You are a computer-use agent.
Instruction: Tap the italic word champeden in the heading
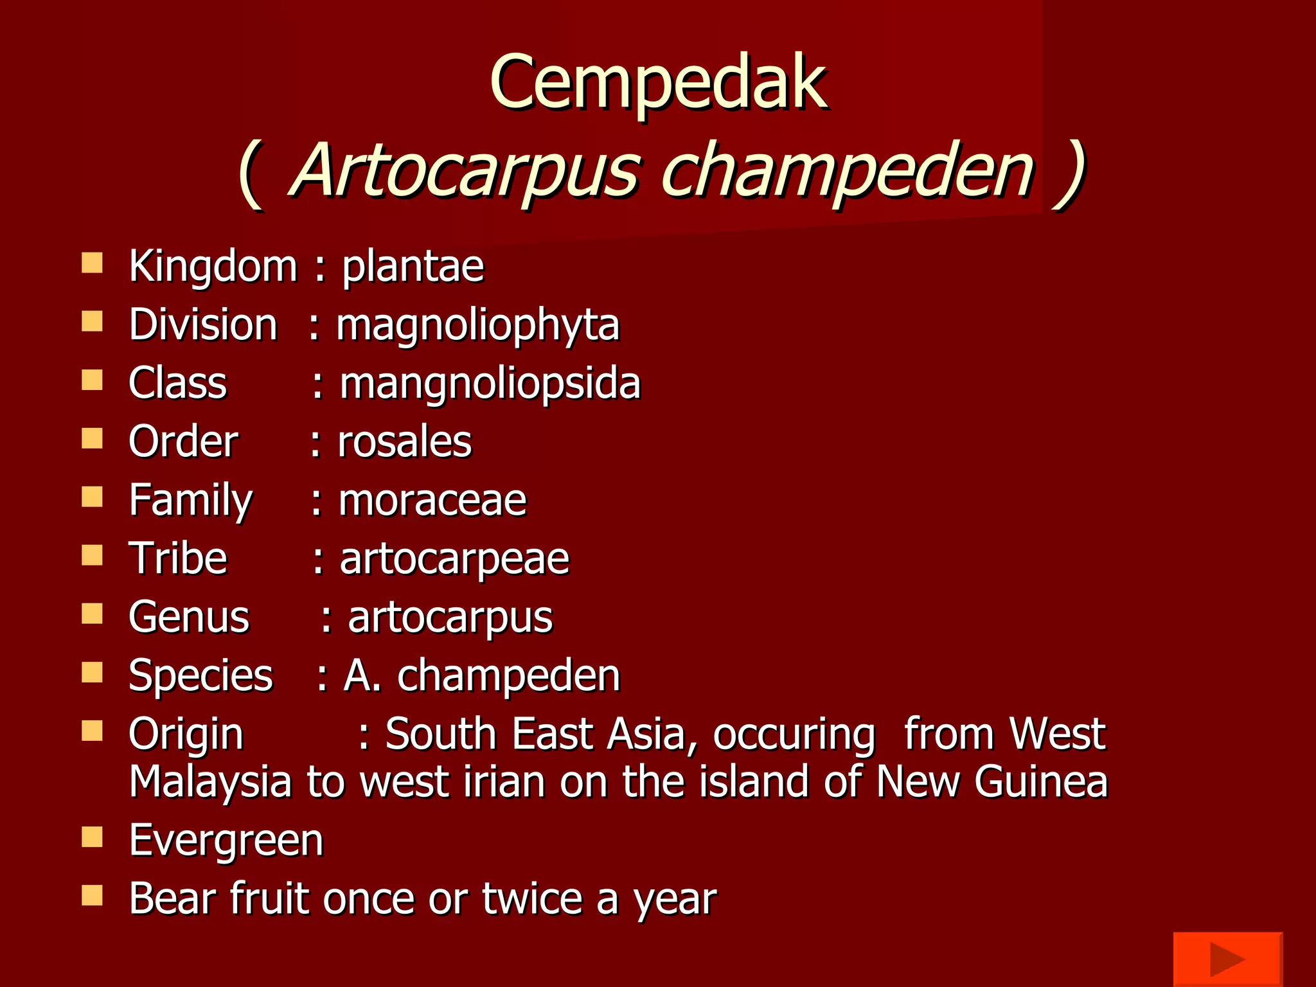[x=847, y=170]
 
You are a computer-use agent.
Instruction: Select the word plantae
[x=413, y=266]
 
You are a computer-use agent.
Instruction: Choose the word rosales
[x=405, y=442]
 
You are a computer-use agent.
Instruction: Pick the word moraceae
[x=432, y=501]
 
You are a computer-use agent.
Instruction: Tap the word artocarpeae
[x=454, y=559]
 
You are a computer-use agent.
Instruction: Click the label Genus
[x=189, y=618]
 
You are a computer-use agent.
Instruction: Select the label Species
[x=200, y=676]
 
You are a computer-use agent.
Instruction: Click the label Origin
[x=186, y=734]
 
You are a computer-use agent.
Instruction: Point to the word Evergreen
[x=226, y=840]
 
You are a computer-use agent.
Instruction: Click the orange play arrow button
[x=1227, y=959]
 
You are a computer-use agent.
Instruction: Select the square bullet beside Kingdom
[x=93, y=263]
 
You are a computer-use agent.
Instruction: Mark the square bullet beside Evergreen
[x=93, y=837]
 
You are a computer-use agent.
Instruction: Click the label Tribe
[x=178, y=558]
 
